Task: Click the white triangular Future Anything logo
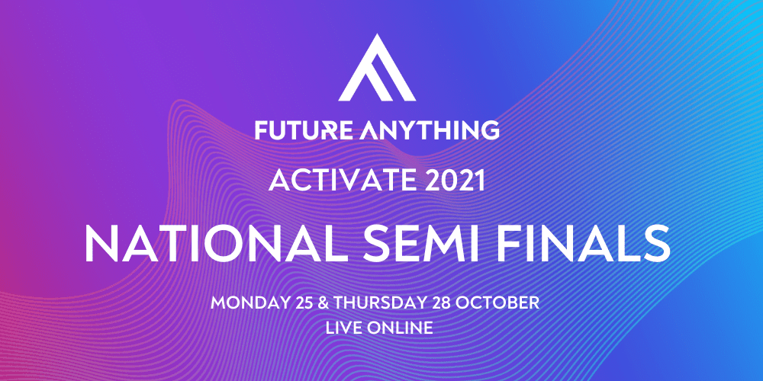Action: (x=377, y=68)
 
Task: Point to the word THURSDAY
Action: (x=375, y=303)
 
